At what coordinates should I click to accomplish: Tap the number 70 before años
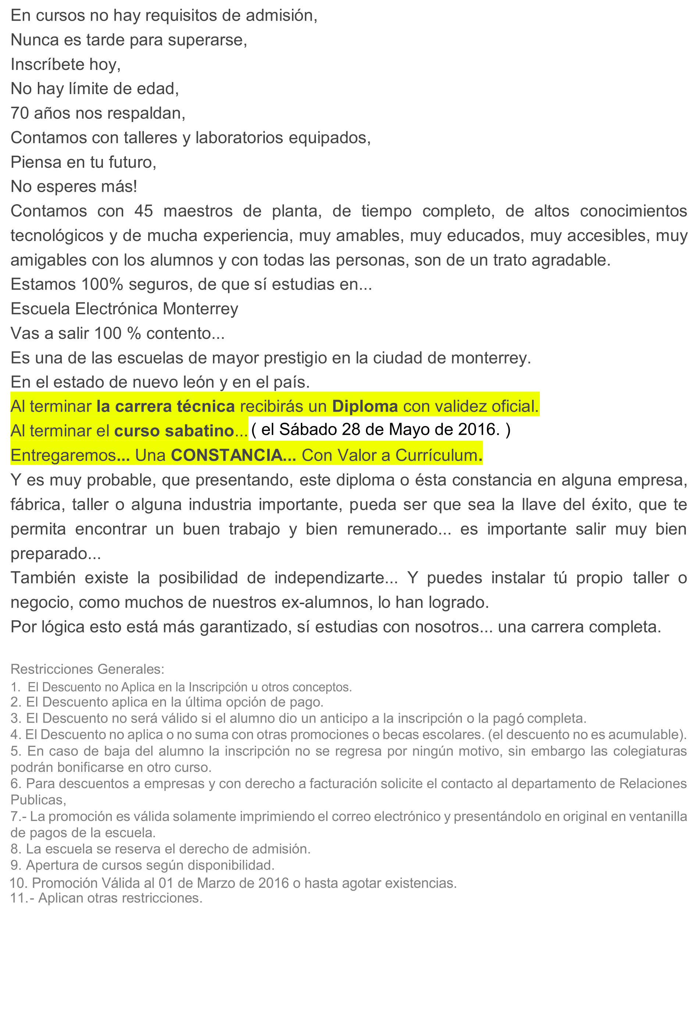click(x=19, y=114)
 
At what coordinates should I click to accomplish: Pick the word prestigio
click(x=295, y=358)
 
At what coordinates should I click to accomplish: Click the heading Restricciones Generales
click(x=87, y=669)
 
